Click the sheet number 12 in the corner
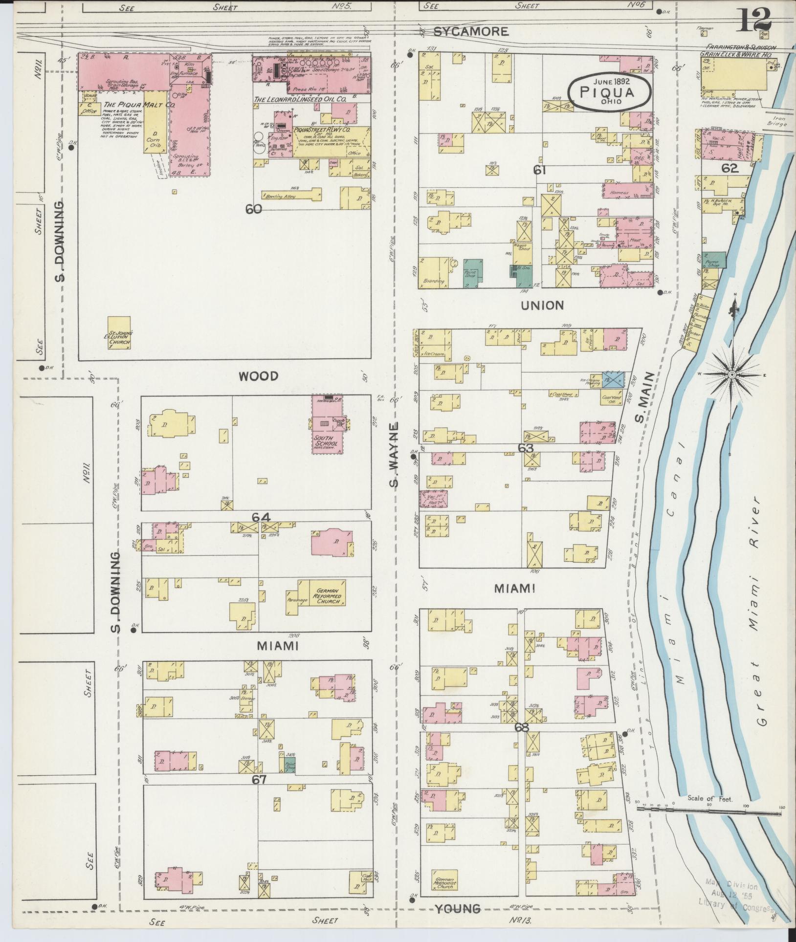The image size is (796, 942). (x=755, y=20)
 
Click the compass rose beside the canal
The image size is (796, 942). (x=732, y=375)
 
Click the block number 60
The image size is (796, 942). (x=254, y=209)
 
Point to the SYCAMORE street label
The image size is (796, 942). (x=471, y=32)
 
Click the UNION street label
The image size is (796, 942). (x=542, y=305)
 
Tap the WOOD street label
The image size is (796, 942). (x=259, y=376)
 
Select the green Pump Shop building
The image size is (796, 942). (x=714, y=260)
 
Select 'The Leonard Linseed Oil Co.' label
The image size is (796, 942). (x=300, y=100)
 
